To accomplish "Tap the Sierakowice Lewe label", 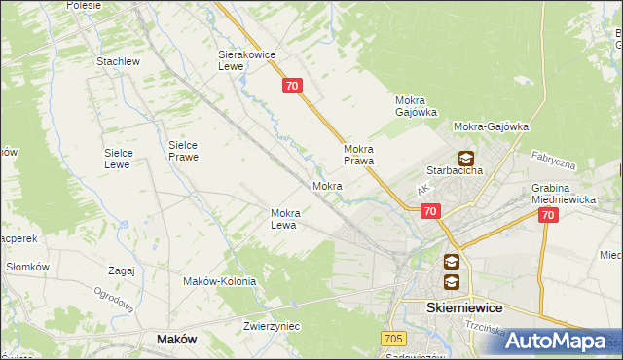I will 242,61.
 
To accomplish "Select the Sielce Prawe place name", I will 183,150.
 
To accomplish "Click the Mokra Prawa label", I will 359,155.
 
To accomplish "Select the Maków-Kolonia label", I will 219,281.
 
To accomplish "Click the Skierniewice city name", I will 464,306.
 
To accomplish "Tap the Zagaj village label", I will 122,270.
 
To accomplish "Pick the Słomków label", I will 27,267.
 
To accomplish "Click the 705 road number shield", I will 392,338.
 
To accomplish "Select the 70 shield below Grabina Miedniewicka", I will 547,216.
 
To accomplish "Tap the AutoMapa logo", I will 568,341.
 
